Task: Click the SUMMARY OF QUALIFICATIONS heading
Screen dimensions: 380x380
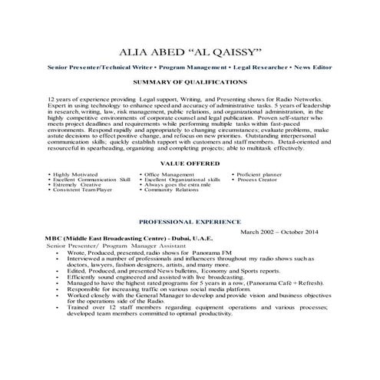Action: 190,81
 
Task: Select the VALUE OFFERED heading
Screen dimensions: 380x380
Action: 190,164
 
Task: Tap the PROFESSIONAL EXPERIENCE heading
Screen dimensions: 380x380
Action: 190,221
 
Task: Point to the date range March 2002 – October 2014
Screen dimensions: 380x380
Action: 283,231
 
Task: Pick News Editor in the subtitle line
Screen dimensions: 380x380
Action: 312,68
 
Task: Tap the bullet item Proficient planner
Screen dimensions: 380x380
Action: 262,175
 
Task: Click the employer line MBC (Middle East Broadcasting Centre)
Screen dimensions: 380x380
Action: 100,239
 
